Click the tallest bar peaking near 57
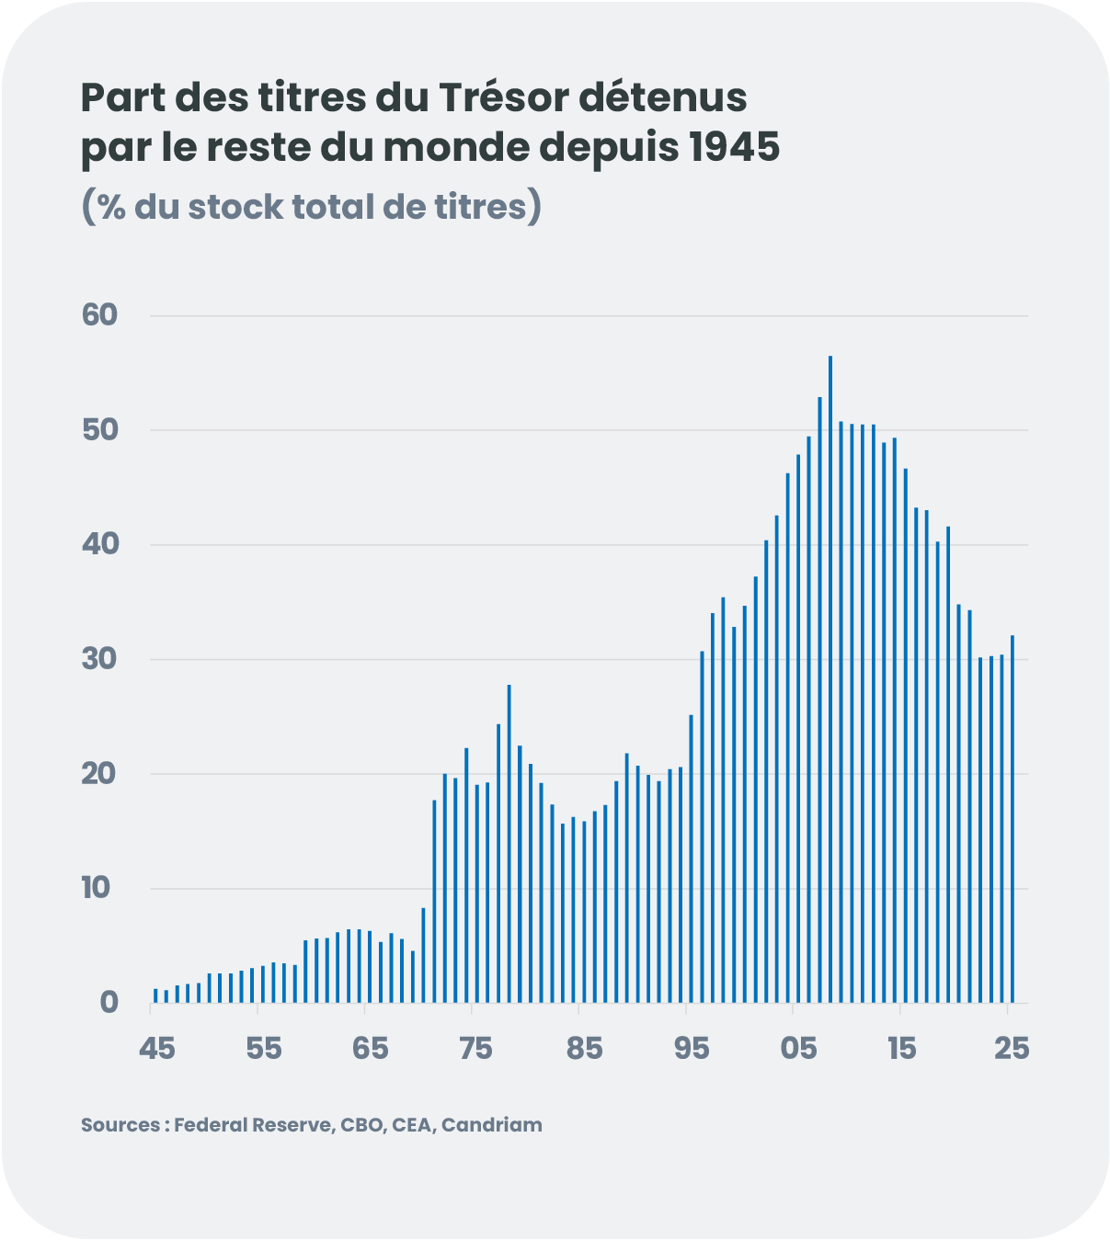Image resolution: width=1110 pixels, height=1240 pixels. [830, 680]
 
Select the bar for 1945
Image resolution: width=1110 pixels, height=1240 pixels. [155, 995]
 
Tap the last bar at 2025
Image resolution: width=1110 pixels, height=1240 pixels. [1013, 818]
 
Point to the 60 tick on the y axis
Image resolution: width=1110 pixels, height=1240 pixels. [100, 315]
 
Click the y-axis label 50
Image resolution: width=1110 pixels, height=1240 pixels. [100, 430]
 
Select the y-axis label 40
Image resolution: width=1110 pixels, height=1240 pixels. [100, 544]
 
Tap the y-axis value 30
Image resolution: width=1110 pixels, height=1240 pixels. [100, 659]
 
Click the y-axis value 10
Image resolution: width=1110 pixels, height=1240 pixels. [97, 888]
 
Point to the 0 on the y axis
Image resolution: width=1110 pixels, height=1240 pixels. [109, 1003]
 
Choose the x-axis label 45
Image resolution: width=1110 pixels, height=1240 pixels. [156, 1049]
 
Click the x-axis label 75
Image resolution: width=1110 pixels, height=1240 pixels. [475, 1049]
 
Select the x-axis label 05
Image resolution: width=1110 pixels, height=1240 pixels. [797, 1049]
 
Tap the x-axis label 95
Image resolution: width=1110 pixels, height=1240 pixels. [691, 1049]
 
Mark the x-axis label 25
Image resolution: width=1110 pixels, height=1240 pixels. [1012, 1049]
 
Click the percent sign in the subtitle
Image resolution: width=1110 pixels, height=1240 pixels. [111, 208]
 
